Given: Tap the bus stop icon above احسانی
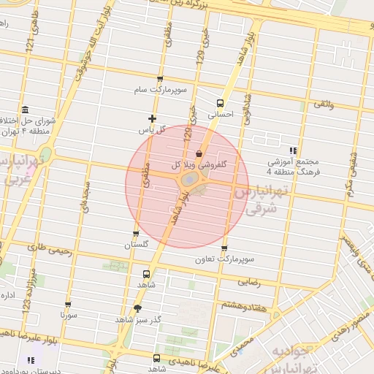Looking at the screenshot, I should [220, 103].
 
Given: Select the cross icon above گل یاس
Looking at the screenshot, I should [152, 118].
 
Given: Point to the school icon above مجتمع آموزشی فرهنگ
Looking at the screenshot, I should [294, 150].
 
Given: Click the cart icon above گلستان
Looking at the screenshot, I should [136, 234].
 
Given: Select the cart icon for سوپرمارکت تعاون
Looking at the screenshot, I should [224, 249].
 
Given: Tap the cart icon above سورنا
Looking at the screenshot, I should [68, 305].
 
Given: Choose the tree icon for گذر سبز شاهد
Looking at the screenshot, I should [137, 309].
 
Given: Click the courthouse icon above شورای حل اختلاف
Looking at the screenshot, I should [24, 110].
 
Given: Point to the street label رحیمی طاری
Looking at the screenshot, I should [51, 249].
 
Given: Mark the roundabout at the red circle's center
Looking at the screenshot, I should [188, 179].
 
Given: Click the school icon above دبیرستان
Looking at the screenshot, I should [30, 360].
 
